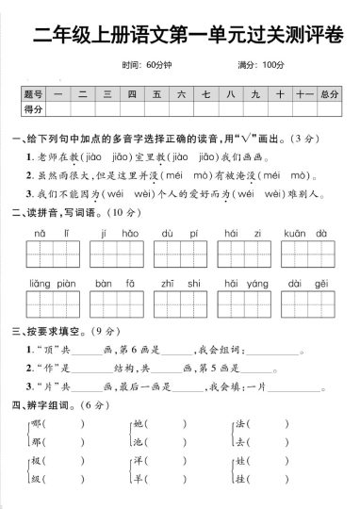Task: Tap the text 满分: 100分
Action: coord(262,65)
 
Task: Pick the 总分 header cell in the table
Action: coord(329,95)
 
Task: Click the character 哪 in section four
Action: coord(38,423)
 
